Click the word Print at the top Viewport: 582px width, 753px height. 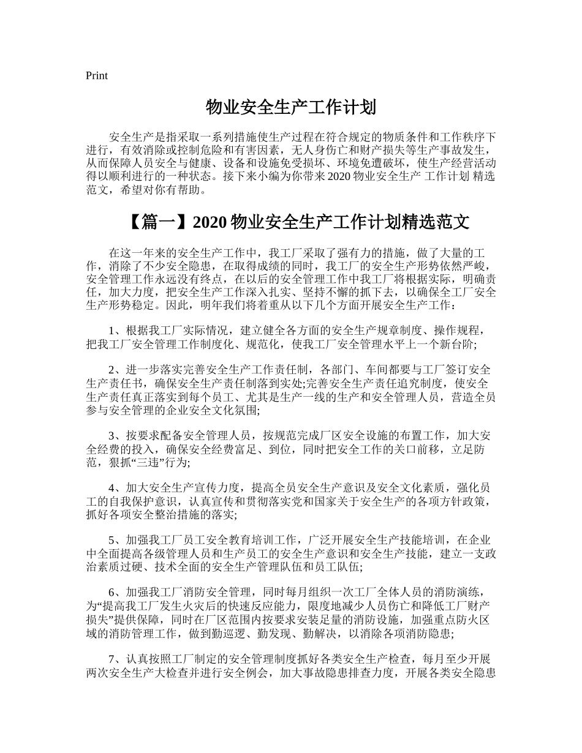click(x=96, y=76)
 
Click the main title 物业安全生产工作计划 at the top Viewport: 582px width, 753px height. click(x=290, y=108)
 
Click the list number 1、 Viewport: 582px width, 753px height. click(x=115, y=331)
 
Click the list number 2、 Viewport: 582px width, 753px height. click(x=115, y=371)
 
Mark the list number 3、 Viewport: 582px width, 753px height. click(x=115, y=436)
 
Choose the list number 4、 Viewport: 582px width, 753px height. click(x=115, y=489)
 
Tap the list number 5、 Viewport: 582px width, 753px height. click(x=115, y=541)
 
